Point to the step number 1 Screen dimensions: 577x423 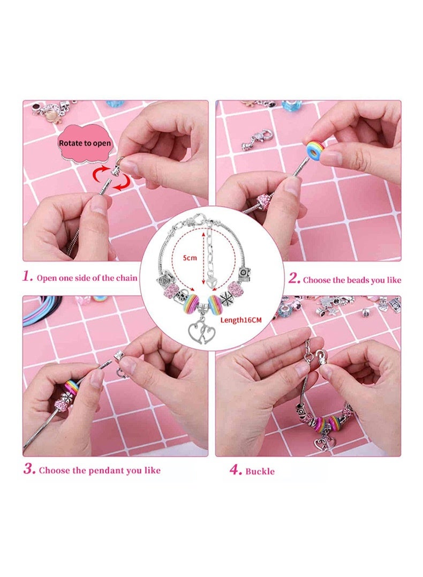pos(28,277)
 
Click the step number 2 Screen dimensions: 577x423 pos(293,279)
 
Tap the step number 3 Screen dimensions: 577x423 pos(29,470)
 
